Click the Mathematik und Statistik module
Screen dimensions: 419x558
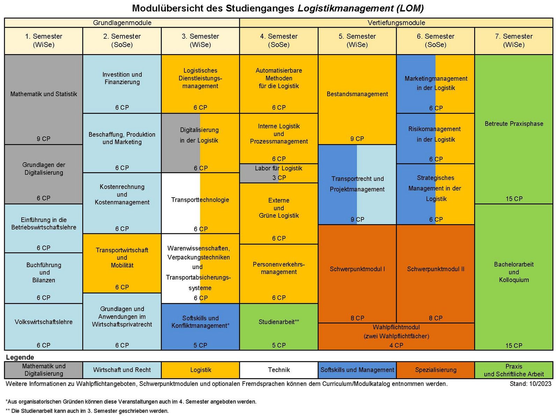pyautogui.click(x=44, y=94)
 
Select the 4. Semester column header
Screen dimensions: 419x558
pyautogui.click(x=279, y=41)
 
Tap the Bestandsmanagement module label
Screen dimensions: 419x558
pyautogui.click(x=357, y=94)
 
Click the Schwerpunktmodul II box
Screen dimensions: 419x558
pyautogui.click(x=435, y=269)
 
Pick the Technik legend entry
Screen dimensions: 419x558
pyautogui.click(x=279, y=370)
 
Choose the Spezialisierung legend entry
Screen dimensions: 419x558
pyautogui.click(x=435, y=370)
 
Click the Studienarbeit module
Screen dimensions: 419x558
pyautogui.click(x=279, y=322)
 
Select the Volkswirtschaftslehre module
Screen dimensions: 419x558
pyautogui.click(x=44, y=322)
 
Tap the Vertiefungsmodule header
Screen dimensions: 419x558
pyautogui.click(x=396, y=23)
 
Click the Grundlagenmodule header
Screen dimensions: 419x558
pyautogui.click(x=122, y=23)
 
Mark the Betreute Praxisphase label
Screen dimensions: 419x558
pyautogui.click(x=514, y=124)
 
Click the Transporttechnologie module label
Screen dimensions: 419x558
pyautogui.click(x=200, y=200)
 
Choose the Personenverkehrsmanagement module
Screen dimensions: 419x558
pyautogui.click(x=279, y=269)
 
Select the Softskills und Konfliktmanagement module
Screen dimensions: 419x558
pyautogui.click(x=200, y=322)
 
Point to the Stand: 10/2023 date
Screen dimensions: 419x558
pyautogui.click(x=530, y=384)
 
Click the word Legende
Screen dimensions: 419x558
pyautogui.click(x=20, y=357)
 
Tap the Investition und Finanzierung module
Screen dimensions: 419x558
pyautogui.click(x=122, y=79)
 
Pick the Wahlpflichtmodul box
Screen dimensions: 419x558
pyautogui.click(x=396, y=336)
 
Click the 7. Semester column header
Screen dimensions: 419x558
pyautogui.click(x=514, y=41)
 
